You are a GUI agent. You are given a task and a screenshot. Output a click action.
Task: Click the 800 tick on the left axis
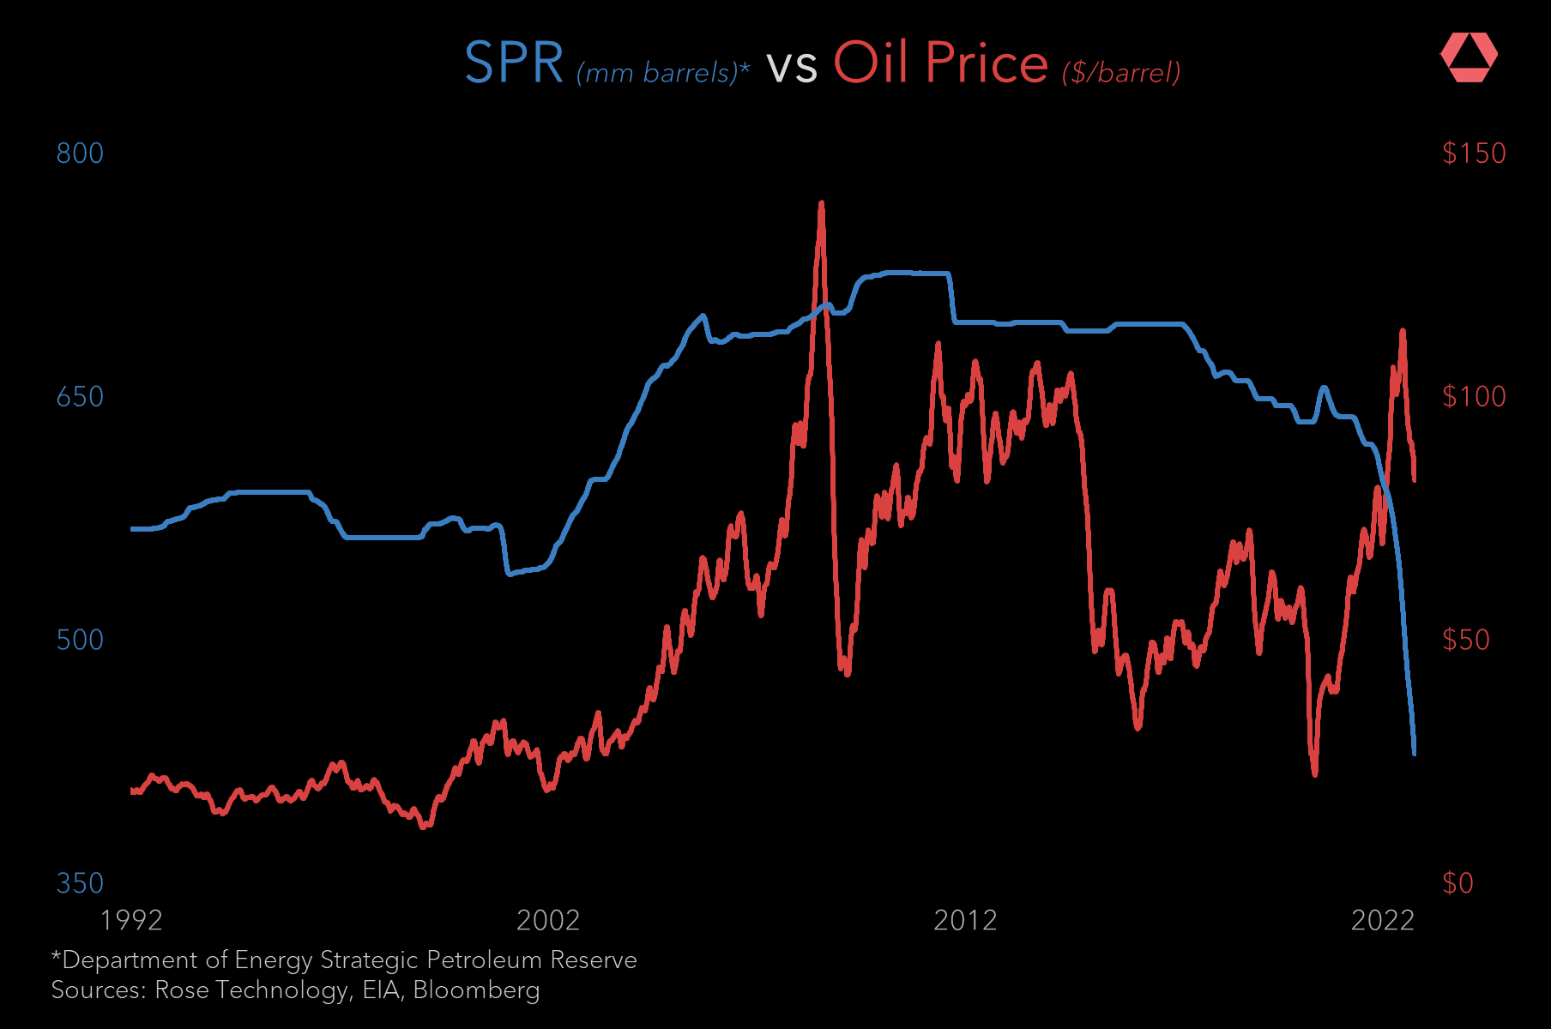(x=80, y=153)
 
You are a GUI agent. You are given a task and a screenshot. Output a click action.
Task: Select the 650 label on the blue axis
(x=80, y=397)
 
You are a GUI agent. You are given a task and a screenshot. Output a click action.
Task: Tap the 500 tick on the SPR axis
(x=80, y=641)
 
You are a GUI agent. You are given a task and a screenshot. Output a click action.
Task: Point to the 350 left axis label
(x=80, y=883)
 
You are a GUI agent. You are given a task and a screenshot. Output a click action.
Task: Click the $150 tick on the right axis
(x=1474, y=153)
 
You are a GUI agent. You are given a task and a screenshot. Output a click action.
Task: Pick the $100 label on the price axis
(x=1474, y=397)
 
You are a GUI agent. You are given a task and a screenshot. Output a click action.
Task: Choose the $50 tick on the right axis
(x=1466, y=641)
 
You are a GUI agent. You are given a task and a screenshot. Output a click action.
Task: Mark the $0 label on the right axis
(x=1457, y=883)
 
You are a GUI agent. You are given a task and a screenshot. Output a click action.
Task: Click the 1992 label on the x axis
(x=131, y=921)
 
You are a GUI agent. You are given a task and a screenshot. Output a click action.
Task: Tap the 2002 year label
(x=548, y=921)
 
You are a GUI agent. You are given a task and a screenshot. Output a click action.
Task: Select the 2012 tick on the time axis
(x=965, y=921)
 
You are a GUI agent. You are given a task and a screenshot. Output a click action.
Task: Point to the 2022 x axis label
(x=1382, y=921)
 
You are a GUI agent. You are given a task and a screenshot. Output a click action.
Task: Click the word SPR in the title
(x=513, y=63)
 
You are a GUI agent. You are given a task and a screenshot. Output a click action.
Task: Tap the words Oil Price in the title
(x=940, y=63)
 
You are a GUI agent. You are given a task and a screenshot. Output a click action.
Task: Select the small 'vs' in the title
(x=791, y=67)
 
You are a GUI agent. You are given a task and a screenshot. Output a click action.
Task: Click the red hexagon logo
(x=1469, y=57)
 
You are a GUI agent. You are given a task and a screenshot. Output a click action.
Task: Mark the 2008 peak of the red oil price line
(x=822, y=204)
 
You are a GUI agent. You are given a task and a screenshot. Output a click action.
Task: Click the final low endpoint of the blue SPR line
(x=1414, y=754)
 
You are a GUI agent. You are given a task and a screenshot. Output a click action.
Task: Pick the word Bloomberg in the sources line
(x=476, y=990)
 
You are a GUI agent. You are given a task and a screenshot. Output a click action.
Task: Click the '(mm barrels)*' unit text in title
(x=663, y=73)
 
